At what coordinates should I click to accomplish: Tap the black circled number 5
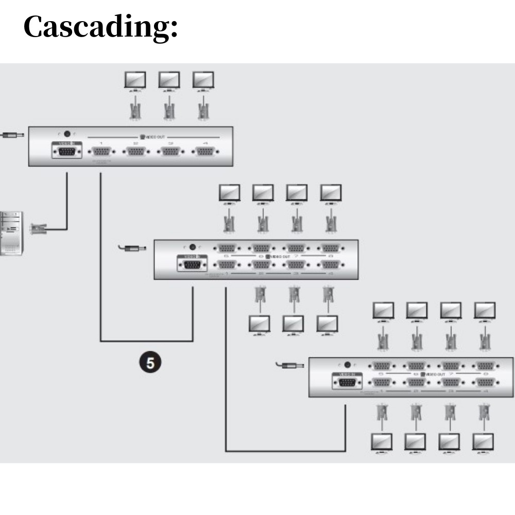point(150,363)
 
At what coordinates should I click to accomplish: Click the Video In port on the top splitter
point(66,151)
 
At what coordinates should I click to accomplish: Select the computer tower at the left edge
point(10,233)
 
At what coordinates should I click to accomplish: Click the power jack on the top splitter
point(66,134)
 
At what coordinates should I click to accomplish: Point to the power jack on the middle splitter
point(193,247)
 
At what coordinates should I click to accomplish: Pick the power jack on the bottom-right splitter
point(347,365)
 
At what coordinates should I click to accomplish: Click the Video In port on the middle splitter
point(192,265)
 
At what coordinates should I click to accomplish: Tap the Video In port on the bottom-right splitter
point(347,382)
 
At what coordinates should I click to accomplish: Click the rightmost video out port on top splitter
point(205,151)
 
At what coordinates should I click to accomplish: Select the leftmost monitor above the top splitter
point(135,80)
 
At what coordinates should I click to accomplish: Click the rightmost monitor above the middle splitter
point(331,193)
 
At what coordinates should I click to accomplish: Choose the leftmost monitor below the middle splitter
point(260,324)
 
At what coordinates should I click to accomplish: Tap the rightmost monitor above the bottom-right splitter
point(485,311)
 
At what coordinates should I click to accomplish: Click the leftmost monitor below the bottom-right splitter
point(382,442)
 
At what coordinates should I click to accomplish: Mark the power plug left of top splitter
point(10,135)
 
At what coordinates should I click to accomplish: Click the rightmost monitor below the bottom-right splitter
point(483,442)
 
